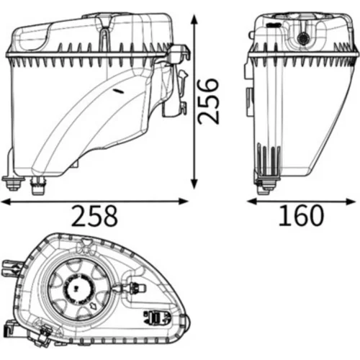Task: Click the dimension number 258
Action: coord(94,215)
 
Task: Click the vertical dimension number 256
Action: coord(208,101)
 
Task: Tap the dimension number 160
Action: coord(301,215)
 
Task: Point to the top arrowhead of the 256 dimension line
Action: coord(194,19)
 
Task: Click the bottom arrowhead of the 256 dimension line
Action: coord(194,184)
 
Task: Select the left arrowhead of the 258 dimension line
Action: coord(6,202)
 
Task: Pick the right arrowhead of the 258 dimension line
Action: coord(183,202)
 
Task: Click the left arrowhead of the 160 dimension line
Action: coord(252,202)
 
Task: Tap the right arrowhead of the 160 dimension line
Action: coord(351,202)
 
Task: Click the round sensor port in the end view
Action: coord(303,38)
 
